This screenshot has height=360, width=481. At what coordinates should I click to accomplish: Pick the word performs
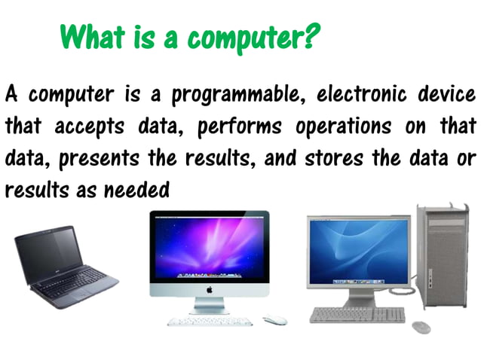(240, 127)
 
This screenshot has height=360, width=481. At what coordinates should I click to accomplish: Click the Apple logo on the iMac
(209, 289)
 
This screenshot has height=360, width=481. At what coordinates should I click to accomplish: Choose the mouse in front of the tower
(421, 326)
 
